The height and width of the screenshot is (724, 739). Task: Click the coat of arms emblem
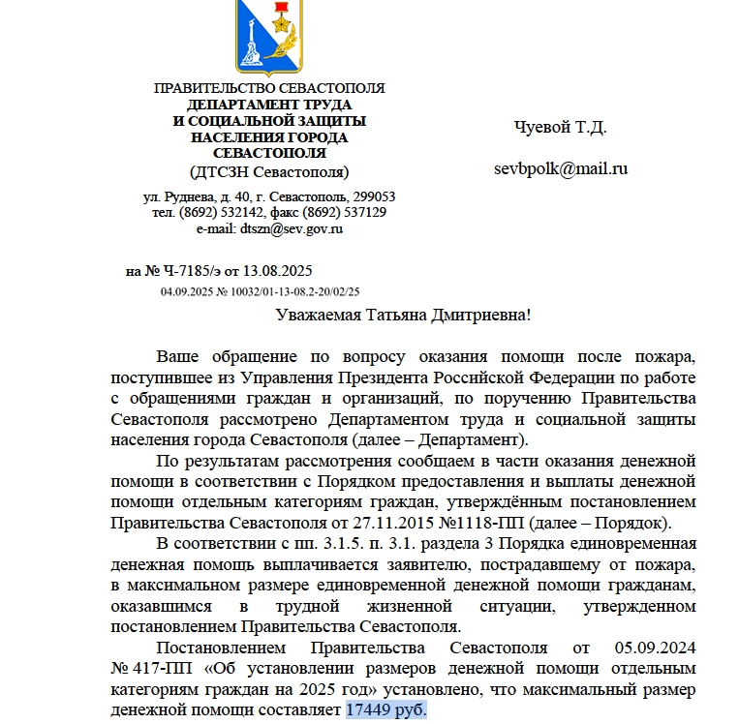click(x=267, y=37)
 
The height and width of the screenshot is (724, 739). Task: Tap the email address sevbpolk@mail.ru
click(x=561, y=168)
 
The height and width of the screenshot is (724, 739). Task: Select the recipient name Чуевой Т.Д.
click(x=560, y=127)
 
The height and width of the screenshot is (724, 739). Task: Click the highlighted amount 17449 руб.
click(x=385, y=710)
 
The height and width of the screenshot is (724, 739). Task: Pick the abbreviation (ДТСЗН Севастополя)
click(x=269, y=171)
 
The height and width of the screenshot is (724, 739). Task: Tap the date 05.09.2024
click(x=655, y=647)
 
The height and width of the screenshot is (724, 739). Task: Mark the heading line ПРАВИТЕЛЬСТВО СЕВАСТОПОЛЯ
click(x=269, y=89)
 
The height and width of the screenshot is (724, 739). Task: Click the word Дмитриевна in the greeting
click(x=478, y=316)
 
